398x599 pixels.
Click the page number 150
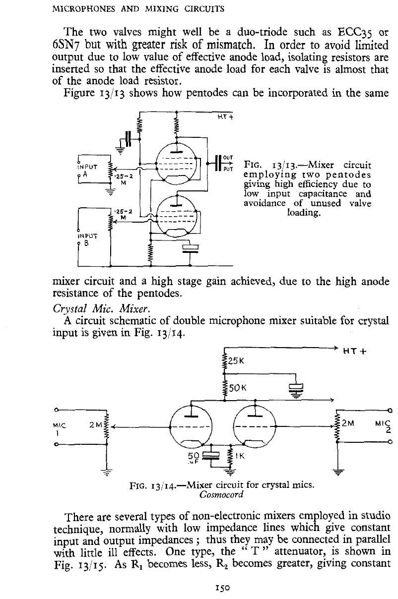pyautogui.click(x=222, y=588)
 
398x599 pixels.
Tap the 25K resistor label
pyautogui.click(x=236, y=361)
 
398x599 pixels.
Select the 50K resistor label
pyautogui.click(x=237, y=388)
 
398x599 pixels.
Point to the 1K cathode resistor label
pyautogui.click(x=240, y=456)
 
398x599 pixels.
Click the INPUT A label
pyautogui.click(x=87, y=171)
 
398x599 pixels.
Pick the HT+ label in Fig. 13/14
pyautogui.click(x=355, y=351)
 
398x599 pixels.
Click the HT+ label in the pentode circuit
pyautogui.click(x=225, y=117)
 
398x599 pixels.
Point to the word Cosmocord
pyautogui.click(x=221, y=494)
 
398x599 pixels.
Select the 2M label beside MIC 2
pyautogui.click(x=348, y=423)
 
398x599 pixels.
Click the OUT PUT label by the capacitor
pyautogui.click(x=228, y=163)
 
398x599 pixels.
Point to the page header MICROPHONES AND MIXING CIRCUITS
pyautogui.click(x=138, y=9)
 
